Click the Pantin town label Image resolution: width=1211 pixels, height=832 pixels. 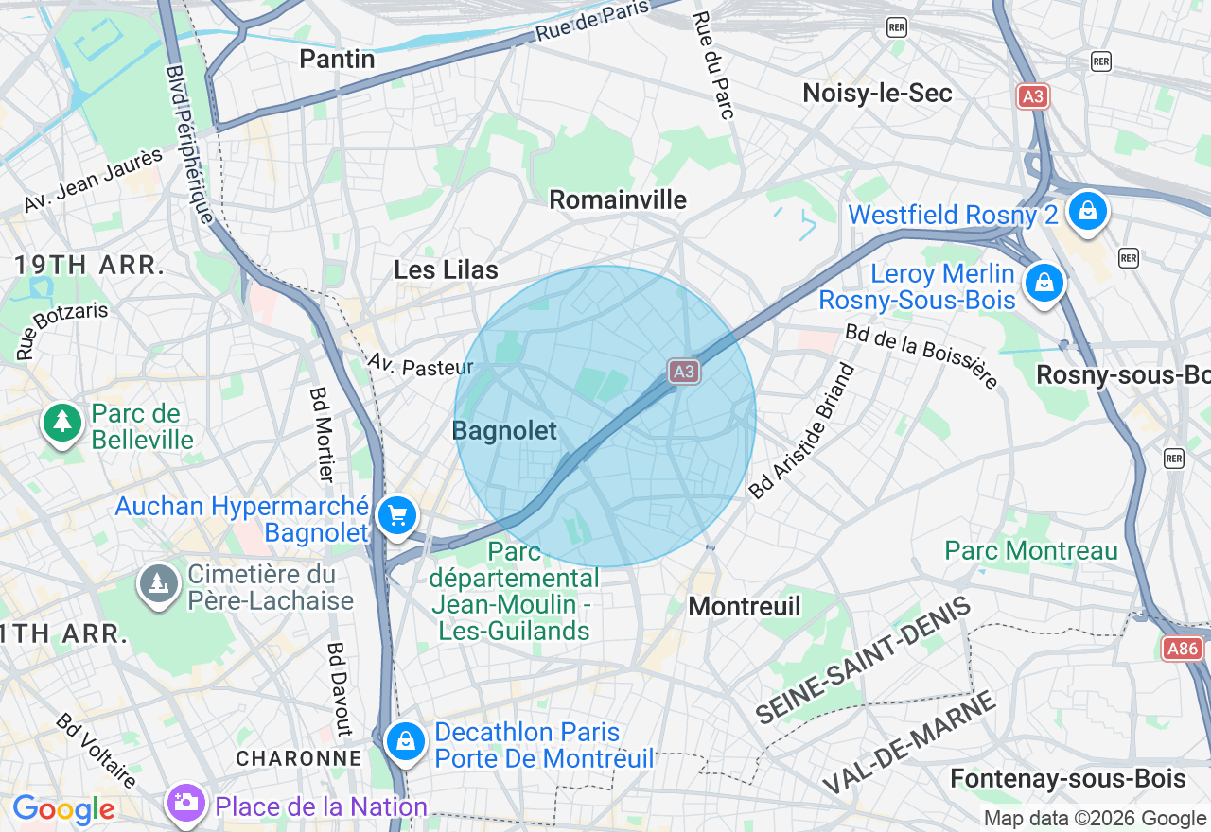coord(337,59)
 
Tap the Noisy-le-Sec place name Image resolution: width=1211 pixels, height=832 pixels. coord(877,93)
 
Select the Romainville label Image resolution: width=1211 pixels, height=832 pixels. coord(618,199)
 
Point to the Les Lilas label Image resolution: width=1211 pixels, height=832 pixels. coord(446,270)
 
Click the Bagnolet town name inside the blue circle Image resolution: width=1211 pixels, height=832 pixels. coord(504,431)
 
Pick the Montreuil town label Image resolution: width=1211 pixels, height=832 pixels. coord(745,606)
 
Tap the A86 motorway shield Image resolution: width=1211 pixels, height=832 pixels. coord(1183,649)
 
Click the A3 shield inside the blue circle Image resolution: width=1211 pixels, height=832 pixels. coord(683,372)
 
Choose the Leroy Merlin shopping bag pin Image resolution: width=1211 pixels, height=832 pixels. coord(1044,283)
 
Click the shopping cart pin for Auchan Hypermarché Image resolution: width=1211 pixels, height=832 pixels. coord(397,516)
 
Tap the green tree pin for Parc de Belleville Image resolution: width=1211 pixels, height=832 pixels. coord(62,422)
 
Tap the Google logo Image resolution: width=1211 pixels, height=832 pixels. coord(63,810)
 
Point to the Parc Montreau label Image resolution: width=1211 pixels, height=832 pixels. coord(1031,550)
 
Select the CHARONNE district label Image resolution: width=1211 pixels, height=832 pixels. coord(299,758)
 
